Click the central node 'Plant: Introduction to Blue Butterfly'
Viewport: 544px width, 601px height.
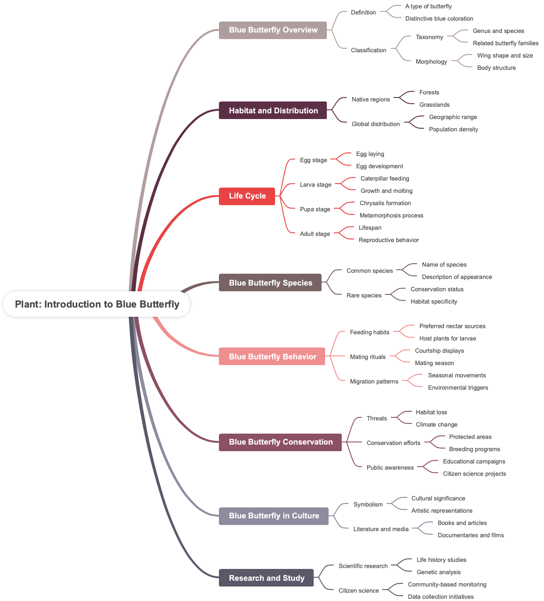97,304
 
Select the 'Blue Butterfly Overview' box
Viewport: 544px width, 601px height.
273,30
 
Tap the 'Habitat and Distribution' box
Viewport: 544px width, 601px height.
273,111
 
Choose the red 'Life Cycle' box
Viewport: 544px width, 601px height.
247,196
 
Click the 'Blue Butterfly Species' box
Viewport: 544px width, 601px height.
270,283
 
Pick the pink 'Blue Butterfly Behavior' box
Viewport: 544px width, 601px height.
272,357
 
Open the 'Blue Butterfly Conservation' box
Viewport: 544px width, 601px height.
280,442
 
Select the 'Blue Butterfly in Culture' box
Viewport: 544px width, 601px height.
274,516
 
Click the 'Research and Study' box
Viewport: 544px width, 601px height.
266,578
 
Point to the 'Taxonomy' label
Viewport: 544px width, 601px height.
429,37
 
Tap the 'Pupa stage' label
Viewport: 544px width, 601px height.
315,210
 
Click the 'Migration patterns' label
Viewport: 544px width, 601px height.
374,382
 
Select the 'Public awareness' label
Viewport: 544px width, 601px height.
390,468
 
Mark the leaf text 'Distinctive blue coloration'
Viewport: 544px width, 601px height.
439,19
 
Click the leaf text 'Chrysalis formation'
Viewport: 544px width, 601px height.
385,203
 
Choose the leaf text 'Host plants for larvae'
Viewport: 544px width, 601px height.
447,339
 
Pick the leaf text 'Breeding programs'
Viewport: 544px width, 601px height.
474,449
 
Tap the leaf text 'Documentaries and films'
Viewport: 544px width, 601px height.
471,536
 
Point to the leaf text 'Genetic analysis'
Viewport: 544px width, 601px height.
438,572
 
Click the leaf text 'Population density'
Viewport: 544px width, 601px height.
453,130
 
